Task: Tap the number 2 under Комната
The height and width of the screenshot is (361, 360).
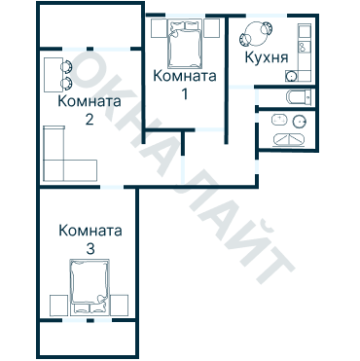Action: tap(89, 120)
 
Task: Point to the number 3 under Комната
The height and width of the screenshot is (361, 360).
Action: tap(90, 250)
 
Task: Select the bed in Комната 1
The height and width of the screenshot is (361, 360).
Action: tap(185, 43)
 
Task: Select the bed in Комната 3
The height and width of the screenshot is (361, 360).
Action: tap(90, 287)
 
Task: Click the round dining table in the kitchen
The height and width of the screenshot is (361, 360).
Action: tap(260, 32)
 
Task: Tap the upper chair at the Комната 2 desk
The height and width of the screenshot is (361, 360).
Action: tap(67, 67)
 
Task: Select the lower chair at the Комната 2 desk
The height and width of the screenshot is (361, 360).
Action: tap(67, 85)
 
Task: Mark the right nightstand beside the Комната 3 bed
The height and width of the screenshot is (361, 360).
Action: tap(122, 304)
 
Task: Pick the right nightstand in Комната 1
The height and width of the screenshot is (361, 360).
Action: tap(210, 29)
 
